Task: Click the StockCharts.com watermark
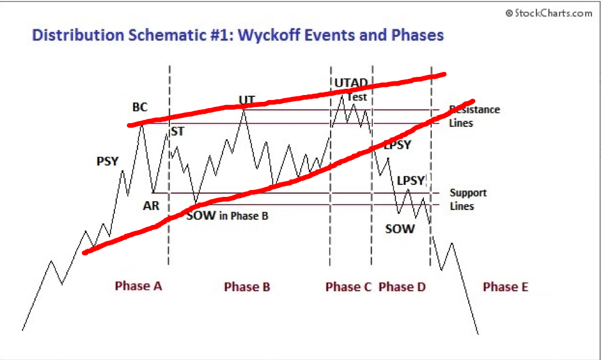pyautogui.click(x=549, y=13)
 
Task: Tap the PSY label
pyautogui.click(x=108, y=161)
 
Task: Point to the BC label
pyautogui.click(x=140, y=107)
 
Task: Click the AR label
pyautogui.click(x=151, y=206)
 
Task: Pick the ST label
pyautogui.click(x=178, y=132)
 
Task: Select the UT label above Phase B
pyautogui.click(x=247, y=100)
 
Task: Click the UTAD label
pyautogui.click(x=351, y=83)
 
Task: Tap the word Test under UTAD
pyautogui.click(x=357, y=97)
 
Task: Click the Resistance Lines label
pyautogui.click(x=474, y=116)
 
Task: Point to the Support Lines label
pyautogui.click(x=468, y=199)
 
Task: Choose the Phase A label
pyautogui.click(x=138, y=286)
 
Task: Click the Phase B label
pyautogui.click(x=247, y=287)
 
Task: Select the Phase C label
pyautogui.click(x=348, y=287)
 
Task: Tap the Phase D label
pyautogui.click(x=402, y=287)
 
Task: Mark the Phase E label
pyautogui.click(x=505, y=287)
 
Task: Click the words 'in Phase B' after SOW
pyautogui.click(x=243, y=216)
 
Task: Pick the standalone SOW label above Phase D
pyautogui.click(x=399, y=229)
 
